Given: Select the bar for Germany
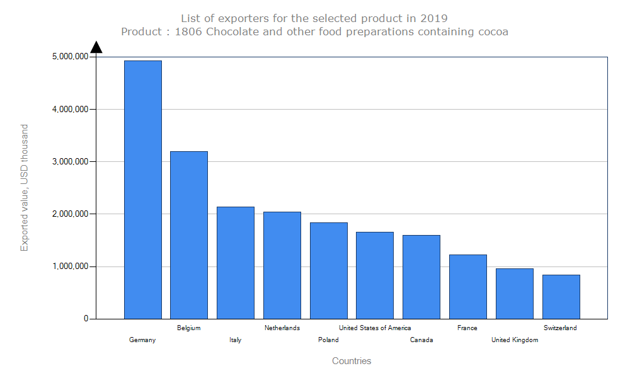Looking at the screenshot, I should click(142, 189).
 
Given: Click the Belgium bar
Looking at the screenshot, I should click(189, 234).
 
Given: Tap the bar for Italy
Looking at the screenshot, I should click(236, 262).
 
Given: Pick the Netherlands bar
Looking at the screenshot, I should click(282, 265).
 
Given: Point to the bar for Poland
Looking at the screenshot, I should click(328, 270).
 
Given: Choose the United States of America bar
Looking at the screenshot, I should click(375, 275).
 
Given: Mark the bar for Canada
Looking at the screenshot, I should click(421, 277).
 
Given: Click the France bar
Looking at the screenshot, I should click(467, 286).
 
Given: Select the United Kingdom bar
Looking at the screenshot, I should click(514, 293).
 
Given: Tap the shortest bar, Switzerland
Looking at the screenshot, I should click(561, 296).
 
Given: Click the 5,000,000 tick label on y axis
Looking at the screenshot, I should click(70, 57).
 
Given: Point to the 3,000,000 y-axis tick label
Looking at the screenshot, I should click(70, 161).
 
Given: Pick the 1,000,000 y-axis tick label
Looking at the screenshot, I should click(70, 266).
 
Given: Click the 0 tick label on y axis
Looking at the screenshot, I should click(86, 319).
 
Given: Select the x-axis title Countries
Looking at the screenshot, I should click(352, 361).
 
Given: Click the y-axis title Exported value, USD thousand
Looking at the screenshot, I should click(25, 188).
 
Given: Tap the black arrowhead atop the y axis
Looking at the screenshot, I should click(96, 47).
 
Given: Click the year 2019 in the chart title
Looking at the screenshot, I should click(435, 18).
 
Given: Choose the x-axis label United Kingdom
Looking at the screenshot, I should click(515, 340).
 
